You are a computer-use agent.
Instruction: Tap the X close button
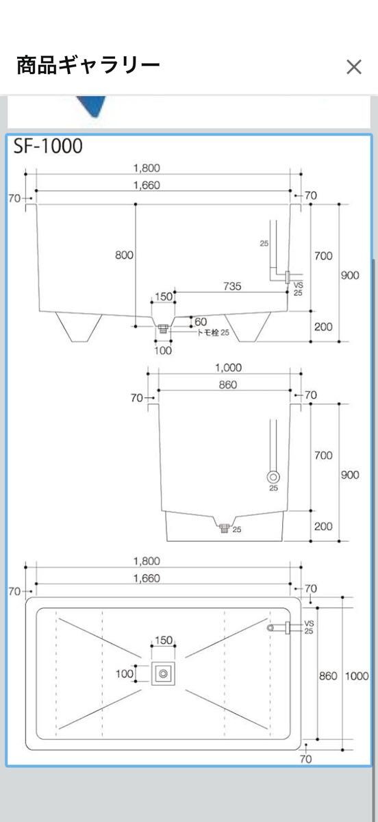354,67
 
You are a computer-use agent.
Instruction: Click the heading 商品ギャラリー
88,65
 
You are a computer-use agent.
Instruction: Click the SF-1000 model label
48,146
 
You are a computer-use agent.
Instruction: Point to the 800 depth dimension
124,255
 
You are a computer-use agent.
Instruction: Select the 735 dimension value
232,286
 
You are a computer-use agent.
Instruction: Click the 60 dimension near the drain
201,322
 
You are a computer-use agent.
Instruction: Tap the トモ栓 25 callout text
213,332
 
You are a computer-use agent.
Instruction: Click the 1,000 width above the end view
228,368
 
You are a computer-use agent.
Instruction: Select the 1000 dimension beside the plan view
356,676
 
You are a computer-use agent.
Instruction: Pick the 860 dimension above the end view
228,385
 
